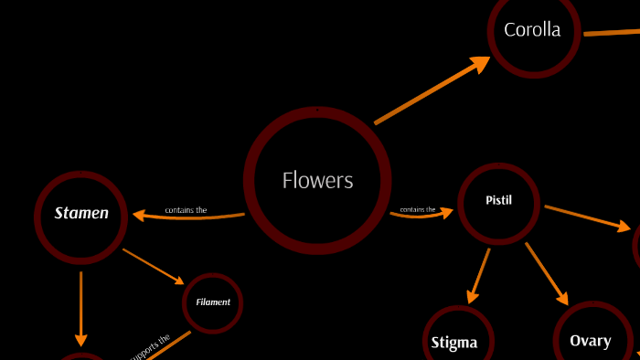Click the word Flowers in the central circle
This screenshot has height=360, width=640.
tap(317, 181)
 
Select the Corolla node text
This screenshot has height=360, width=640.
tap(532, 30)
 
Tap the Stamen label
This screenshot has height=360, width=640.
tap(81, 214)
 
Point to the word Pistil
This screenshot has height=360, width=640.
tap(497, 199)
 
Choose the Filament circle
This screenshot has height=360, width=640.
tap(212, 302)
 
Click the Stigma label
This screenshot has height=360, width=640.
tap(454, 344)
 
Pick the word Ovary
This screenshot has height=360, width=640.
tap(590, 341)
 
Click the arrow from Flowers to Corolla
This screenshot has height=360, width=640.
tap(430, 91)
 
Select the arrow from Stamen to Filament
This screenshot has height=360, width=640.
tap(153, 265)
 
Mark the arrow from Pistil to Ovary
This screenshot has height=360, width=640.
tap(547, 272)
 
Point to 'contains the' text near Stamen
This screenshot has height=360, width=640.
tap(186, 210)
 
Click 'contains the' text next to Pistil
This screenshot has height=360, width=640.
tap(418, 209)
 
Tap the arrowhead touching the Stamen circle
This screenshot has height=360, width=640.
tap(140, 216)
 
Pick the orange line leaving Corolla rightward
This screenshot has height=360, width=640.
tap(611, 32)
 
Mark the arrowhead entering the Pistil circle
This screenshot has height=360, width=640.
tap(446, 213)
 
